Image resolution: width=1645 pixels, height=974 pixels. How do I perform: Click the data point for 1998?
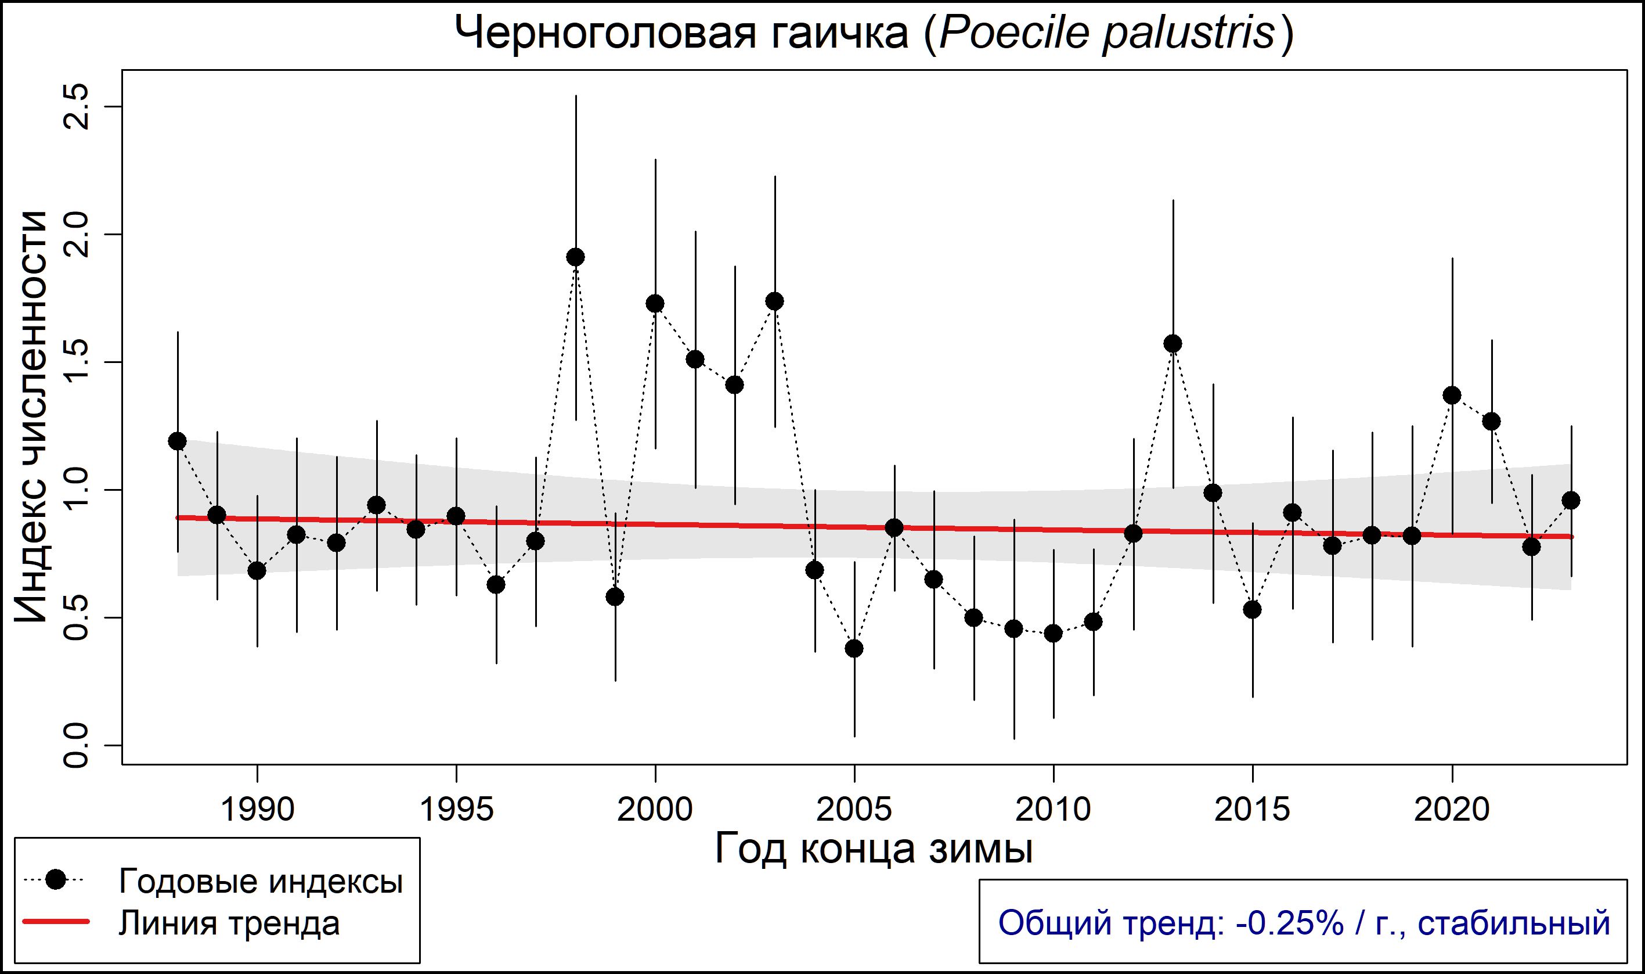[x=575, y=257]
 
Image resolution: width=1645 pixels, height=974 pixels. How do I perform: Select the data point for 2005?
[x=854, y=648]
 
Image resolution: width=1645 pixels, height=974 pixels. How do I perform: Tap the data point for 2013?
[x=1173, y=344]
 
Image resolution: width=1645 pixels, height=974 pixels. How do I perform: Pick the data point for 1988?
[x=177, y=441]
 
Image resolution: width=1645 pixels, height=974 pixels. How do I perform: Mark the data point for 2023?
[x=1571, y=501]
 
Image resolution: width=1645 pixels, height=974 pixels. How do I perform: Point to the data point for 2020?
[x=1452, y=395]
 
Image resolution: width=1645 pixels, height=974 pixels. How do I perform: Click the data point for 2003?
[x=775, y=301]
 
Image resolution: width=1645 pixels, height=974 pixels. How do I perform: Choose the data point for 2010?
[x=1054, y=634]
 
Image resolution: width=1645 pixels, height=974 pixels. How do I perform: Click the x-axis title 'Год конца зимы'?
[x=874, y=849]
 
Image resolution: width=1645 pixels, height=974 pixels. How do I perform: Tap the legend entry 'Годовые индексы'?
[x=261, y=882]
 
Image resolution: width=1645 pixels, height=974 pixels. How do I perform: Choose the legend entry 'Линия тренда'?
[x=229, y=923]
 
